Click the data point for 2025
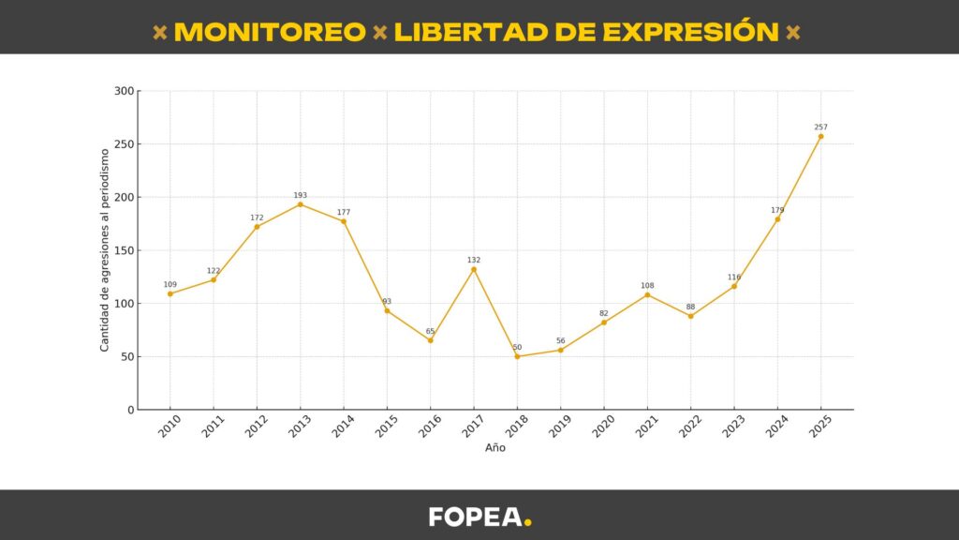(820, 136)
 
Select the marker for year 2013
(300, 204)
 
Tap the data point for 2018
(517, 356)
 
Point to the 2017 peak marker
(474, 269)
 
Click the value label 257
(820, 127)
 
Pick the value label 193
(300, 195)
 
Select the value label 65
(430, 331)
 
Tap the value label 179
(777, 210)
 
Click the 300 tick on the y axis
(124, 91)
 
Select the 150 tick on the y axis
(124, 250)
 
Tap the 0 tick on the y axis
(130, 410)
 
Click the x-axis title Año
(495, 448)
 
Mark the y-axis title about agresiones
(105, 250)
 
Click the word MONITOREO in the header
(270, 32)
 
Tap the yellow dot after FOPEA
(528, 523)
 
